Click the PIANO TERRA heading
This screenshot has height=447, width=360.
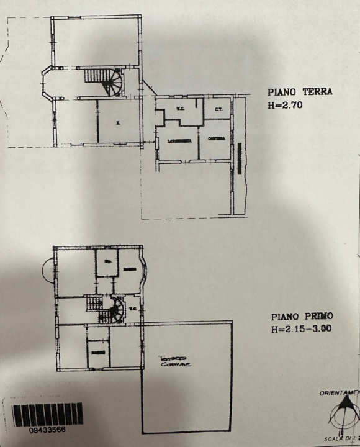[300, 92]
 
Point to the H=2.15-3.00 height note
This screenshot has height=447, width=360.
[300, 329]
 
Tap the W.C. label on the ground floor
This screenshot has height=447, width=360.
[179, 109]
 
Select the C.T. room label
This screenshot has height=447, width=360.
[218, 111]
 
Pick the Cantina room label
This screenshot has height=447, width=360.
[216, 138]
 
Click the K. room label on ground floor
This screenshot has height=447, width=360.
[118, 123]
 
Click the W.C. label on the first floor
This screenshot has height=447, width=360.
[133, 308]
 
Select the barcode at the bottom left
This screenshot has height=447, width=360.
[47, 414]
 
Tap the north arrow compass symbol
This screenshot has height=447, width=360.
[340, 412]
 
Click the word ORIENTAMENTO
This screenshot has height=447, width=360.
[339, 393]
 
